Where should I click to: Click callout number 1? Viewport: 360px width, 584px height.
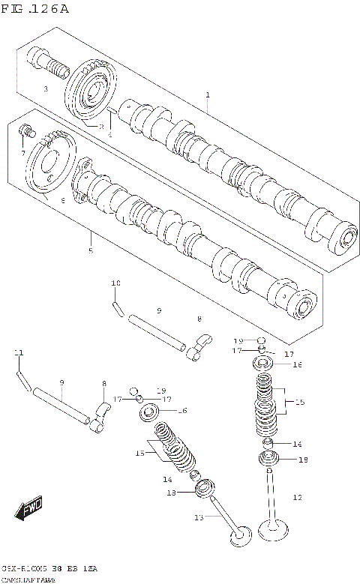pos(208,95)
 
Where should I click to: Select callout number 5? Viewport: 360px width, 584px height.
pos(91,250)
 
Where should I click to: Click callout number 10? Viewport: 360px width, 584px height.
pos(115,283)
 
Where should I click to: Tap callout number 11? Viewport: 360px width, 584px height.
pos(19,352)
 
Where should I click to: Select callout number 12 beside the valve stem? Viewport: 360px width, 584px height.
pos(296,497)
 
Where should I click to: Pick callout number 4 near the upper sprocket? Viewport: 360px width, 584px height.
pos(109,134)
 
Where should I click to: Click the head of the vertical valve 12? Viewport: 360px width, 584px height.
pos(274,532)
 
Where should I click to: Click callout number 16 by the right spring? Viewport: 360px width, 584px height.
pos(297,365)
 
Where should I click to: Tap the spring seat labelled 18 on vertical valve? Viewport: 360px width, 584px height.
pos(267,460)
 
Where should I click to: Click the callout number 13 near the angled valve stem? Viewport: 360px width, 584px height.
pos(199,517)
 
